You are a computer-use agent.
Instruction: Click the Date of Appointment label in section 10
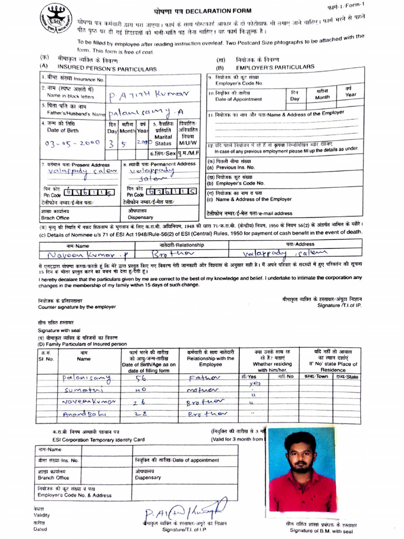click(238, 99)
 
